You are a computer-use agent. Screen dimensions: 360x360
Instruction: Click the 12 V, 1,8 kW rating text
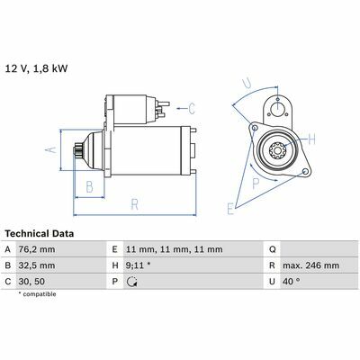(37, 68)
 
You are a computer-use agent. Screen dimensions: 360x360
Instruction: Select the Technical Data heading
(40, 233)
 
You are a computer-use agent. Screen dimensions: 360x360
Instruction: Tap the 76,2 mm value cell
(37, 249)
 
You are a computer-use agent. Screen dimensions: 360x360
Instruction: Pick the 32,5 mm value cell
(37, 265)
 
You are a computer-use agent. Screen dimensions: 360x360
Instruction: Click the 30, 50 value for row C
(31, 282)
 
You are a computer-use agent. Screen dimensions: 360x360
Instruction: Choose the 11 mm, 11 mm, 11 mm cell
(175, 249)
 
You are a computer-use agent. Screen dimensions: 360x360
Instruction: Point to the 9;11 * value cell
(139, 265)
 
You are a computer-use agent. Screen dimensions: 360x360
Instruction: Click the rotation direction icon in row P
(131, 282)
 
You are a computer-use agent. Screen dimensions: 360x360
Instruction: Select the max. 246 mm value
(310, 265)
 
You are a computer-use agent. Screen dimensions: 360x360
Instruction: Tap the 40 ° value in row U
(292, 282)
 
